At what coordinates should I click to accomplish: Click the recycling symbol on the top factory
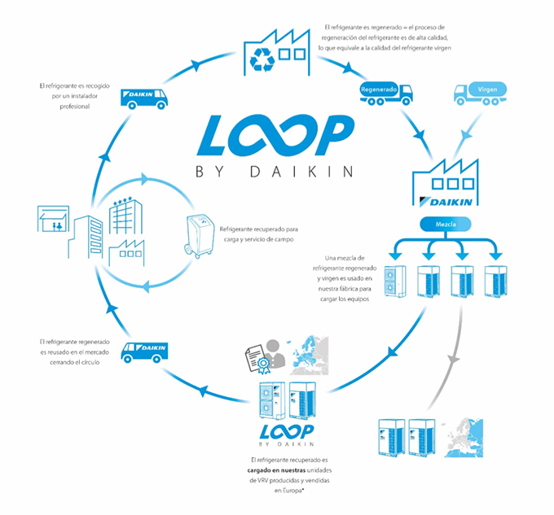pyautogui.click(x=265, y=58)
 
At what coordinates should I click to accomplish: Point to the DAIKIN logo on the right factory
pyautogui.click(x=449, y=200)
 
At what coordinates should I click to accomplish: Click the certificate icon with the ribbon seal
pyautogui.click(x=255, y=353)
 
